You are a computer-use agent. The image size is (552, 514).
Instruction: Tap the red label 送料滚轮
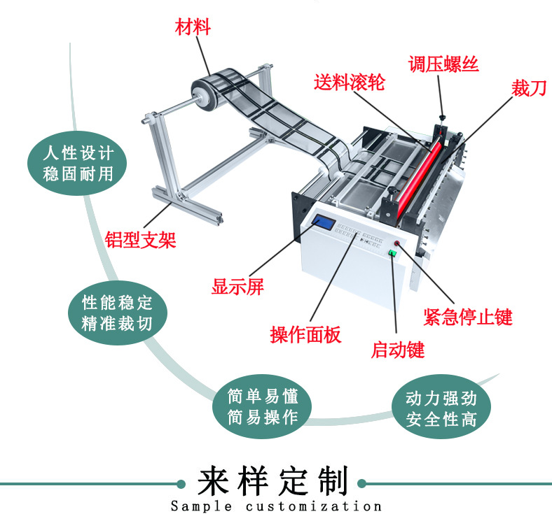(x=349, y=83)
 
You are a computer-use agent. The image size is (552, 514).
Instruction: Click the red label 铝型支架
(x=141, y=239)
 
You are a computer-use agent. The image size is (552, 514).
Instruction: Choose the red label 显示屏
(x=238, y=287)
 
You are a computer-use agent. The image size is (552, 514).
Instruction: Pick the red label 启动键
(x=398, y=349)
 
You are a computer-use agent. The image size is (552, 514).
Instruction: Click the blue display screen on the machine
(x=324, y=223)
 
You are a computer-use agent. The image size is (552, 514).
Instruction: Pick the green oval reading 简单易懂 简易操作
(x=263, y=407)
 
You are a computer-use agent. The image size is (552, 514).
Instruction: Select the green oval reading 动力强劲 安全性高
(x=441, y=410)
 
